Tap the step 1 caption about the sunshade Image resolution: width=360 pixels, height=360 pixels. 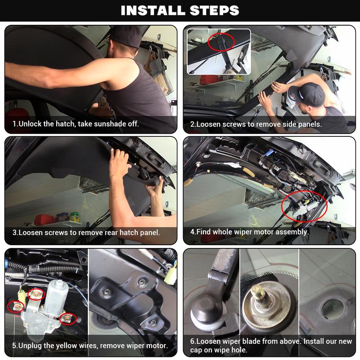76,124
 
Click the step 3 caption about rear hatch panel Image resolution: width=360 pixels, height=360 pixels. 86,233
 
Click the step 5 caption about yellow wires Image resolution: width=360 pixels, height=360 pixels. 90,346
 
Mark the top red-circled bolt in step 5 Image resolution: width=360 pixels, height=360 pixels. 36,294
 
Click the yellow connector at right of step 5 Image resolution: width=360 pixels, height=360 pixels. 170,276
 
